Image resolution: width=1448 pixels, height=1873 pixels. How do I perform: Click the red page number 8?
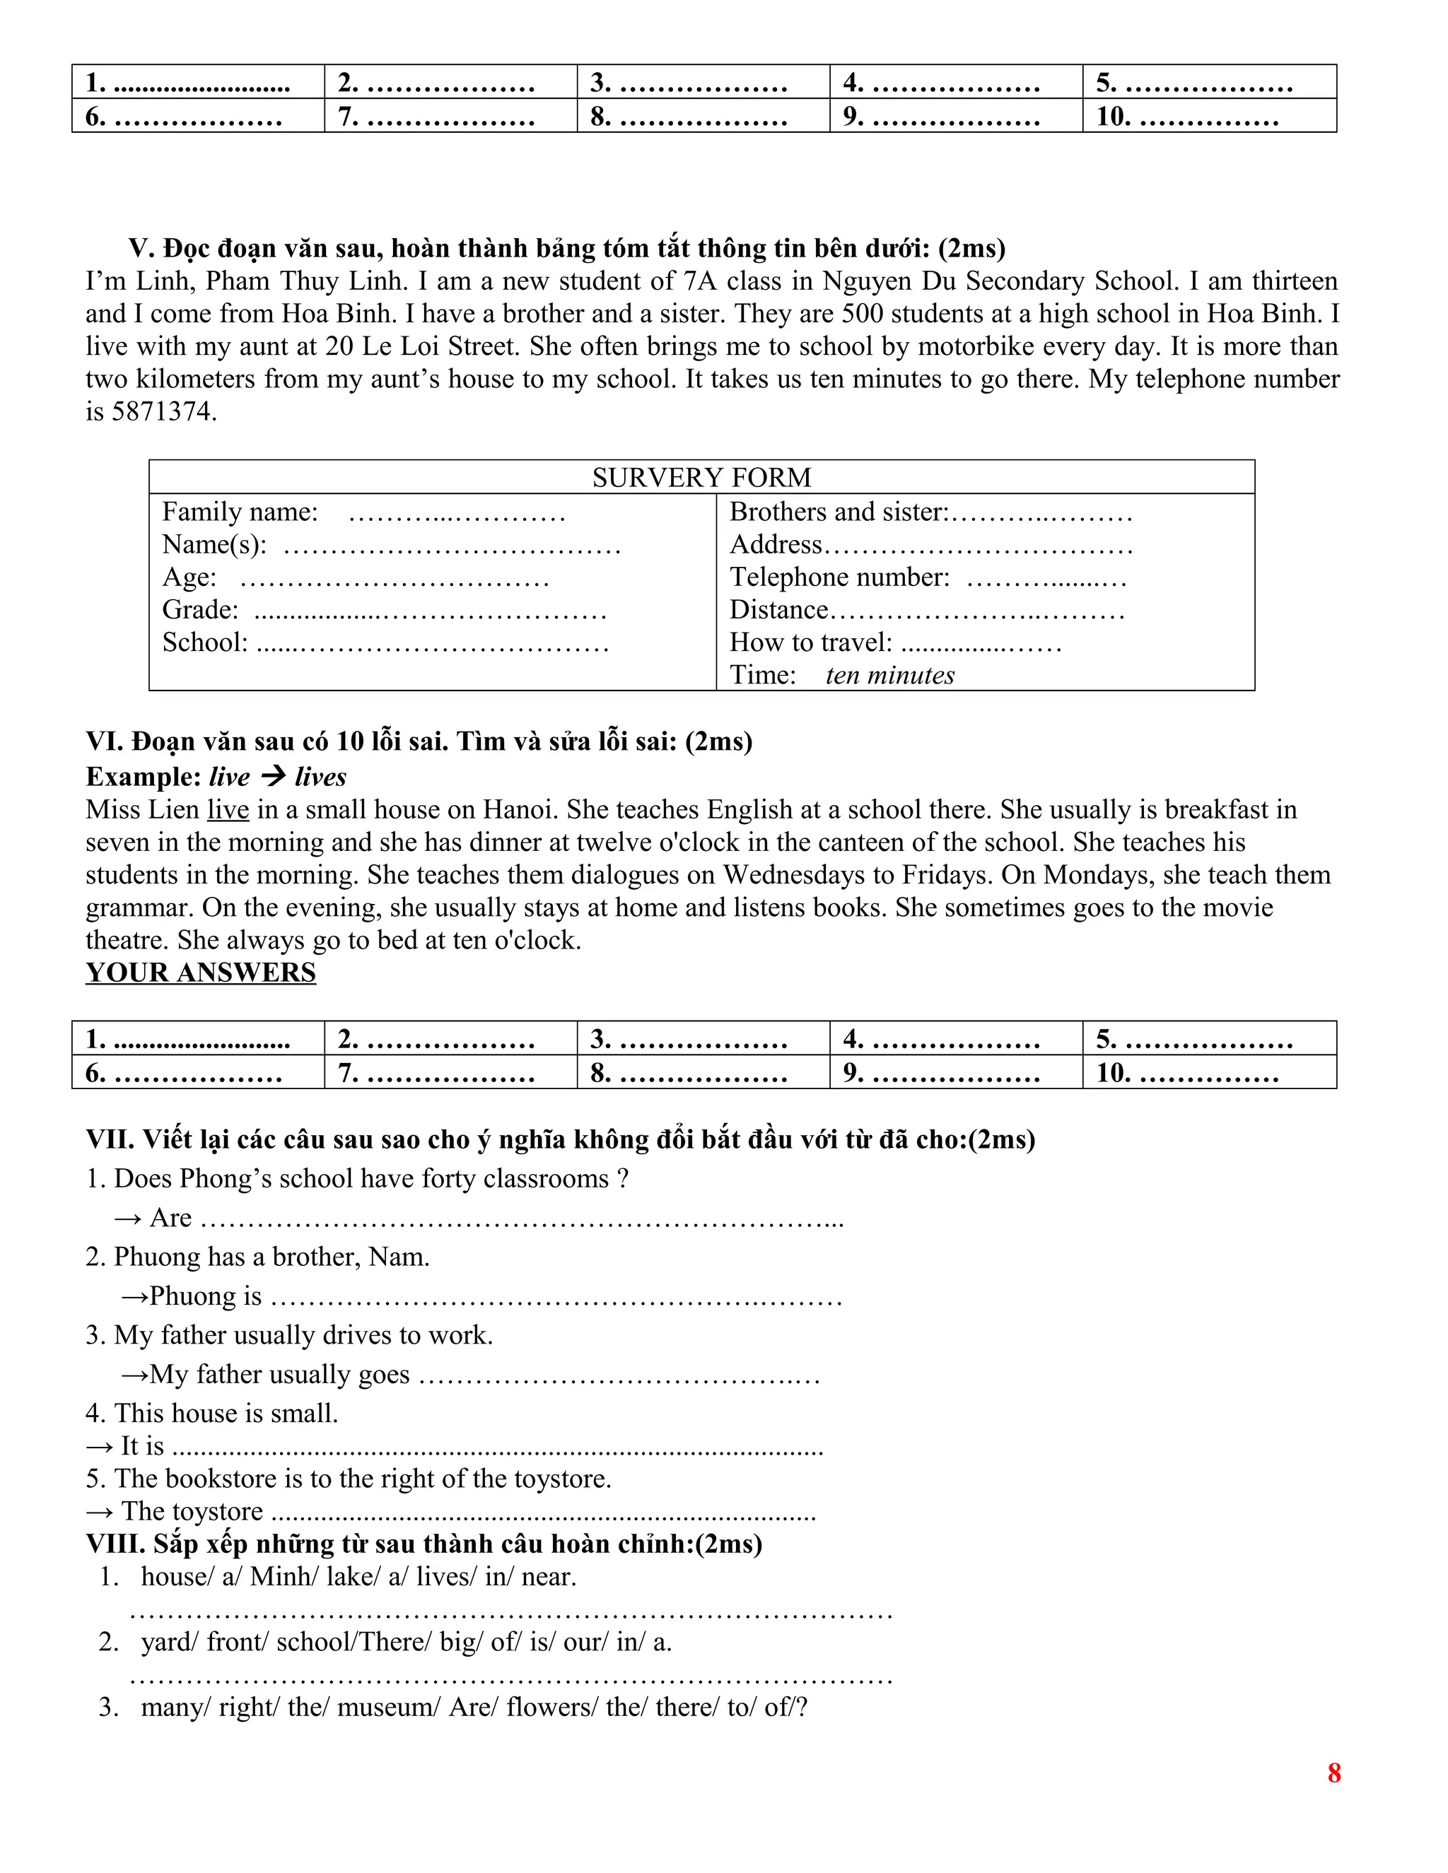click(x=1334, y=1773)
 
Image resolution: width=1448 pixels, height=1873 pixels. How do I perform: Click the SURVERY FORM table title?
click(x=701, y=477)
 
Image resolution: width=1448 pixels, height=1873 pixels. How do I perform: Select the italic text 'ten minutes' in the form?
click(x=889, y=675)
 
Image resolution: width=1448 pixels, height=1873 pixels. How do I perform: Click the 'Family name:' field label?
click(x=240, y=512)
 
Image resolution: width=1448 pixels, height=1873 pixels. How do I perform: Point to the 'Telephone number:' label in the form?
click(x=839, y=577)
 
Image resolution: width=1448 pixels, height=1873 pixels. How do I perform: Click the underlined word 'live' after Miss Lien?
click(x=228, y=809)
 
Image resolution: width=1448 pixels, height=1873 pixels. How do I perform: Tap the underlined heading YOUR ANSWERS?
click(x=201, y=973)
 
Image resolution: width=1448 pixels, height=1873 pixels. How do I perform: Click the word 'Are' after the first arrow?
click(x=170, y=1218)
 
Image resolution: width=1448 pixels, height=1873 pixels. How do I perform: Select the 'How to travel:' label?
click(x=811, y=642)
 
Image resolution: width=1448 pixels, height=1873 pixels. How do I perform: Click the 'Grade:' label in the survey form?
click(x=201, y=610)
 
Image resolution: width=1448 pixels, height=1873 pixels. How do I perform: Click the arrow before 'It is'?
click(x=99, y=1447)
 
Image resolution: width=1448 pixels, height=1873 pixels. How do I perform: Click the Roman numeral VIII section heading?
click(x=424, y=1544)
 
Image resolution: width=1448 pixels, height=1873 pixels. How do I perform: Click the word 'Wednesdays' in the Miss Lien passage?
click(x=800, y=875)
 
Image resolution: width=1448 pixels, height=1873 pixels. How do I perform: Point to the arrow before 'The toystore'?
click(x=99, y=1512)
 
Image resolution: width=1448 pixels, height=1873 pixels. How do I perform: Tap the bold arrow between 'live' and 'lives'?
click(x=273, y=777)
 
